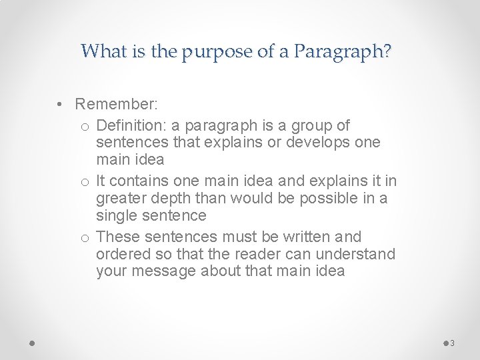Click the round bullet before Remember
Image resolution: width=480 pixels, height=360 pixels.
(60, 104)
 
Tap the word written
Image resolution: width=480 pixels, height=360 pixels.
(311, 236)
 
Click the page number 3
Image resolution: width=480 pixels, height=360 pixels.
(452, 343)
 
